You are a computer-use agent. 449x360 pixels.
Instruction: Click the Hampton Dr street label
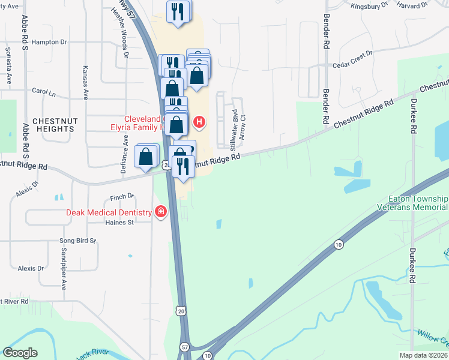click(x=49, y=42)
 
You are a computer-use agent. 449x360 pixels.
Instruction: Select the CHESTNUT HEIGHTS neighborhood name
click(x=53, y=125)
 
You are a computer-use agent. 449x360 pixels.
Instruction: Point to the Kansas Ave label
click(x=86, y=82)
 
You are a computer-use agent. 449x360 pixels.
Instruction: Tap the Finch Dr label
click(x=122, y=196)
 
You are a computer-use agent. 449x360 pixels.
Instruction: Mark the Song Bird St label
click(x=77, y=241)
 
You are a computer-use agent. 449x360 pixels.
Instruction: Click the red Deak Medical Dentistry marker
click(x=160, y=212)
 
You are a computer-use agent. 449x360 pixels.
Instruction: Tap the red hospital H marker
click(x=199, y=123)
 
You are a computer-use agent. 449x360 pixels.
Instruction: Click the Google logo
click(x=20, y=353)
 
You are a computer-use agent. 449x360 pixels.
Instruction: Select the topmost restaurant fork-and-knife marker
click(x=178, y=11)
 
